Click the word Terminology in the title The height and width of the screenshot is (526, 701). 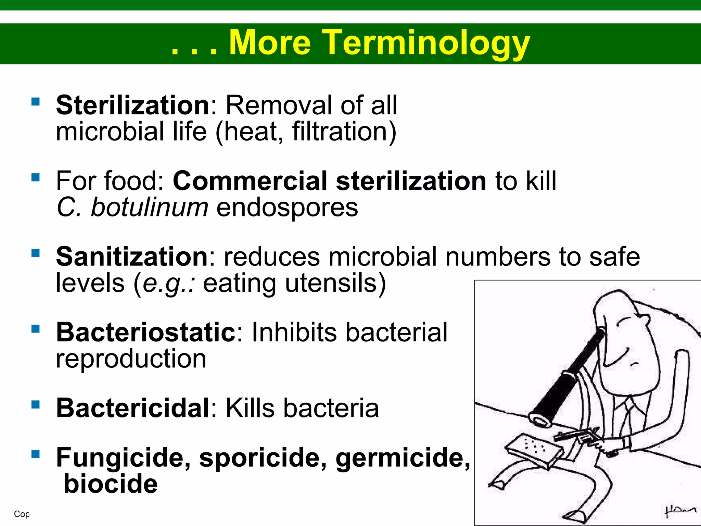tap(426, 43)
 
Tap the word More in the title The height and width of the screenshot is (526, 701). tap(270, 43)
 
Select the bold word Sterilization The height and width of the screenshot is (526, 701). tap(133, 105)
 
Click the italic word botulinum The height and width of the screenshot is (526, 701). tap(149, 208)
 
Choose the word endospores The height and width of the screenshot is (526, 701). tap(287, 208)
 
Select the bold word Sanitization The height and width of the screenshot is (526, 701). tap(132, 256)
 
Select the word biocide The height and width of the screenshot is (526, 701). tap(111, 484)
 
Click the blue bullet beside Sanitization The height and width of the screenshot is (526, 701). tap(35, 253)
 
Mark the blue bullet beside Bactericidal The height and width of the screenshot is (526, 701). tap(35, 404)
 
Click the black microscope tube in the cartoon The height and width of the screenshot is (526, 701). tap(568, 377)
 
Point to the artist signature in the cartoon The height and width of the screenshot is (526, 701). tap(680, 510)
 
